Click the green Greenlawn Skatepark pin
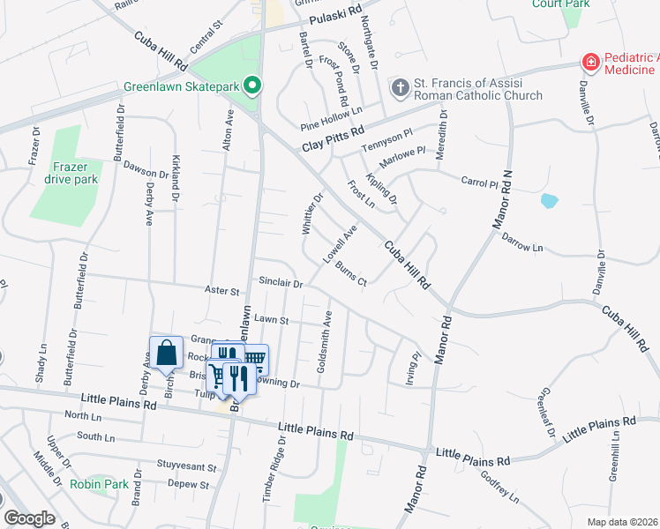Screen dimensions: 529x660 pyautogui.click(x=252, y=86)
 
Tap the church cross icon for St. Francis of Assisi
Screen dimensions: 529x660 pyautogui.click(x=400, y=87)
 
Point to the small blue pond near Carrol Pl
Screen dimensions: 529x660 pyautogui.click(x=549, y=200)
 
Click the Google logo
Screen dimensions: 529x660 pyautogui.click(x=29, y=518)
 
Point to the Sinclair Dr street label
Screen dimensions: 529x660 pyautogui.click(x=281, y=283)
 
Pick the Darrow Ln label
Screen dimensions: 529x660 pyautogui.click(x=522, y=242)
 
